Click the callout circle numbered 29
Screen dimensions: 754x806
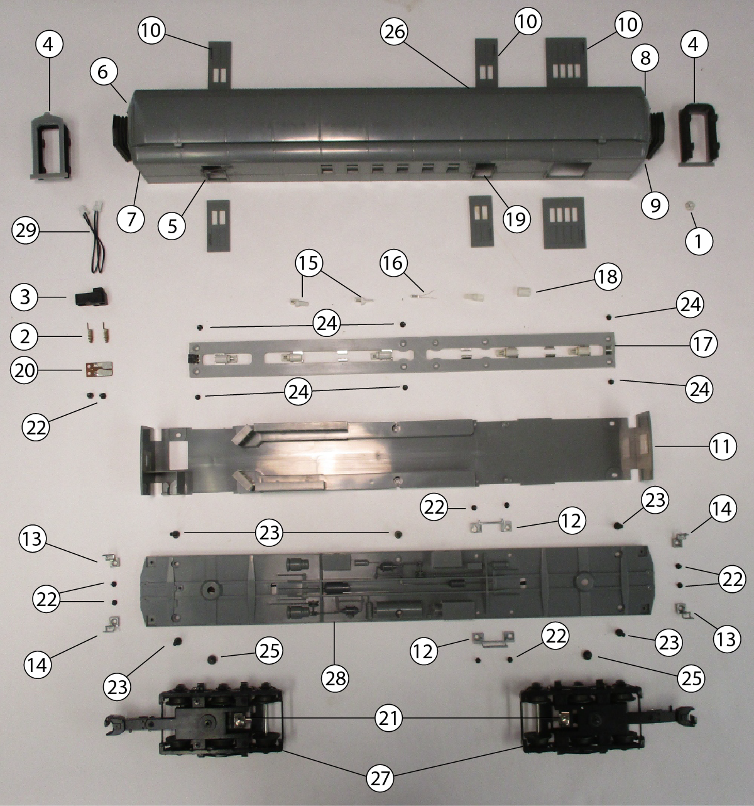[x=26, y=231]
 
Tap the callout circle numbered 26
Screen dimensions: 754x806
[x=395, y=31]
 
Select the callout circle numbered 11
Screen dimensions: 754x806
[x=723, y=446]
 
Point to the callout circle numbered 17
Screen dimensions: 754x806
[x=703, y=344]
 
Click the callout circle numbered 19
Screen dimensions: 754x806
[x=516, y=219]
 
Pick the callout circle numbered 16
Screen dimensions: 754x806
[x=393, y=263]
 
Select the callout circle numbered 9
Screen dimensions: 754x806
[x=655, y=206]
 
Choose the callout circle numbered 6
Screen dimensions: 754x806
[x=103, y=72]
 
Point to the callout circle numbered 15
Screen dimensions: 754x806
[x=309, y=263]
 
